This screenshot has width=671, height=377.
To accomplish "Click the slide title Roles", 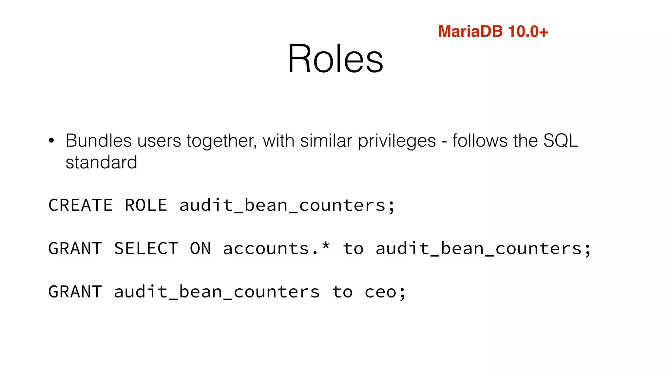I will click(335, 59).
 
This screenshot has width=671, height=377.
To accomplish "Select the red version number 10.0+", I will click(528, 32).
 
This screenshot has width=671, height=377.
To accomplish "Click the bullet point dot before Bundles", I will click(51, 141).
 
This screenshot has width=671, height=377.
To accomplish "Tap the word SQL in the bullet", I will click(561, 141).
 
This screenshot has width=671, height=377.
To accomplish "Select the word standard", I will click(101, 163).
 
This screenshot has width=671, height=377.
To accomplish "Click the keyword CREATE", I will click(81, 206).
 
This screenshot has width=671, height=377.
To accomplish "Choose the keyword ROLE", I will click(146, 206).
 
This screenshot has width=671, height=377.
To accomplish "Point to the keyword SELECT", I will click(146, 249).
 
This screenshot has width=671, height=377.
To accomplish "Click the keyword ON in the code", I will click(201, 249).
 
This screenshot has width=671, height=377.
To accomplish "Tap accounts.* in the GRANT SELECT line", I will click(276, 249).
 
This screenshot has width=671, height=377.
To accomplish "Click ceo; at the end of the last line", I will click(385, 292).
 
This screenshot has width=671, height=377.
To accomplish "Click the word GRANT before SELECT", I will click(75, 249).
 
